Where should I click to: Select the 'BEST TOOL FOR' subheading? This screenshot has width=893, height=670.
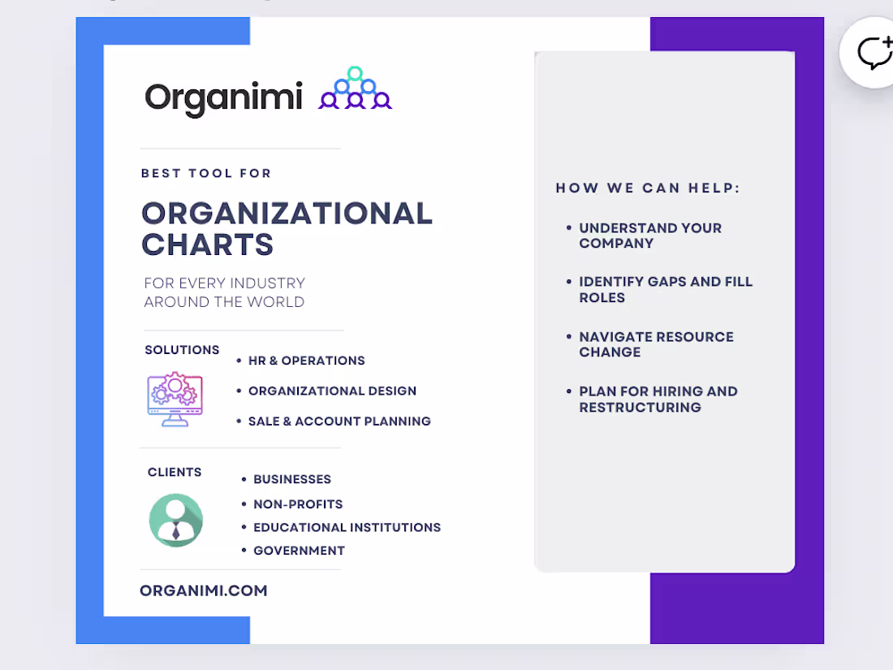(x=206, y=173)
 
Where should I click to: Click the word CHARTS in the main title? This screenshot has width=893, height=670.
(x=207, y=244)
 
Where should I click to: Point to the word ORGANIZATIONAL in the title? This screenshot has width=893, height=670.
(x=287, y=214)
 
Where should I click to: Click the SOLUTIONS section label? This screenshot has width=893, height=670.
(x=182, y=350)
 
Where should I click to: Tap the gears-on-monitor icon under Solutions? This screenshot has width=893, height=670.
(x=175, y=399)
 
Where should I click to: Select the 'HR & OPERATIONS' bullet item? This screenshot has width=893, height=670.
(x=306, y=361)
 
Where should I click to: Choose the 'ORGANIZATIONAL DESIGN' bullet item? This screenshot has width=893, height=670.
(x=332, y=391)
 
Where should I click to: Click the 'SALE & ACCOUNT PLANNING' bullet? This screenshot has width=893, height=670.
(x=339, y=421)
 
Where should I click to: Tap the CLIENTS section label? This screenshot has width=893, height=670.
(x=175, y=473)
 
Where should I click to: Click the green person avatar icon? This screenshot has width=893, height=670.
(x=176, y=520)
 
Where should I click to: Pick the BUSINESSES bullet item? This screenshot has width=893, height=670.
(x=292, y=479)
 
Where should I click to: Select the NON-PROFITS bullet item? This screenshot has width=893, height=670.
(x=298, y=504)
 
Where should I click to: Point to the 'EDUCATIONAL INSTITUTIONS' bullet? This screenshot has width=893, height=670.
(x=347, y=528)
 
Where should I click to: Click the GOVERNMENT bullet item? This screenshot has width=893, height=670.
(x=299, y=551)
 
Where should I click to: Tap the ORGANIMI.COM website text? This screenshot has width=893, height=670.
(x=203, y=590)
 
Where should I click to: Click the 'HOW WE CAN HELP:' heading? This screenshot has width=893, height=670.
(x=648, y=188)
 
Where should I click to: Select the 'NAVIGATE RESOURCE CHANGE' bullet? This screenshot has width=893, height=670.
(x=656, y=344)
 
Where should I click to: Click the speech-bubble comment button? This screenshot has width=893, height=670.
(x=874, y=53)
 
